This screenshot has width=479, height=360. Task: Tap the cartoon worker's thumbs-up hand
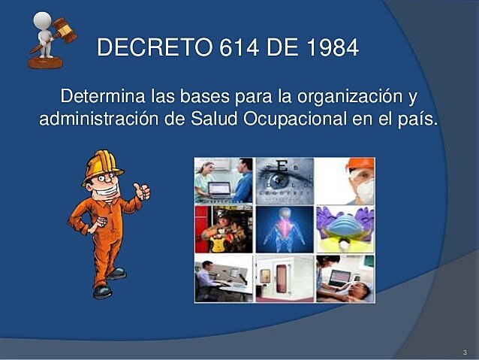(x=142, y=191)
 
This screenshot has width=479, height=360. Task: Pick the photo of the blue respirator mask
(x=345, y=228)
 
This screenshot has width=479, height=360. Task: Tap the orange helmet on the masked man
(x=360, y=163)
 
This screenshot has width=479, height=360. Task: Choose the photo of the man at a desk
(x=224, y=277)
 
